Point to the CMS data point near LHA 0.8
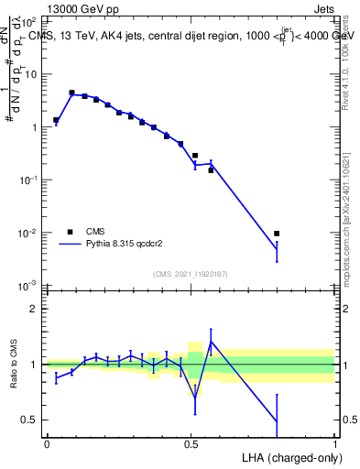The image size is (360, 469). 277,234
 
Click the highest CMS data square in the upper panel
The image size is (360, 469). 71,93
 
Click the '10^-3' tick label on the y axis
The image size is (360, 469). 29,287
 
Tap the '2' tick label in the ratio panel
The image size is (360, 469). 35,310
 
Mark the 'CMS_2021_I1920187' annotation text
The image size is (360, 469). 190,274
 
